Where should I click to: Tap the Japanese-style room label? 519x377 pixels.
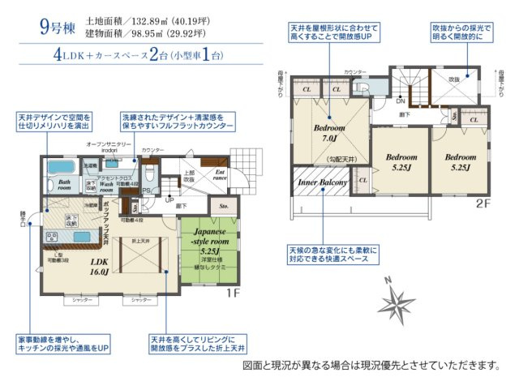click(204, 236)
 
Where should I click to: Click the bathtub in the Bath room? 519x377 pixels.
click(59, 168)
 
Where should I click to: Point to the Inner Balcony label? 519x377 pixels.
click(322, 182)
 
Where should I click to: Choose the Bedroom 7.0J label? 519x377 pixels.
click(330, 132)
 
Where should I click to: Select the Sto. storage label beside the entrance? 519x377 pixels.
click(225, 205)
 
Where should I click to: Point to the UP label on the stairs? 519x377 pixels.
click(169, 199)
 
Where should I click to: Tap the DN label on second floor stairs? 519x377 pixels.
click(400, 101)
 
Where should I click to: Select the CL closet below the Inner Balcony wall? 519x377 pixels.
click(362, 180)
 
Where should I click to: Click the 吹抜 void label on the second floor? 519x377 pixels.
click(453, 79)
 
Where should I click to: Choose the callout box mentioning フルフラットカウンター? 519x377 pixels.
click(178, 122)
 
